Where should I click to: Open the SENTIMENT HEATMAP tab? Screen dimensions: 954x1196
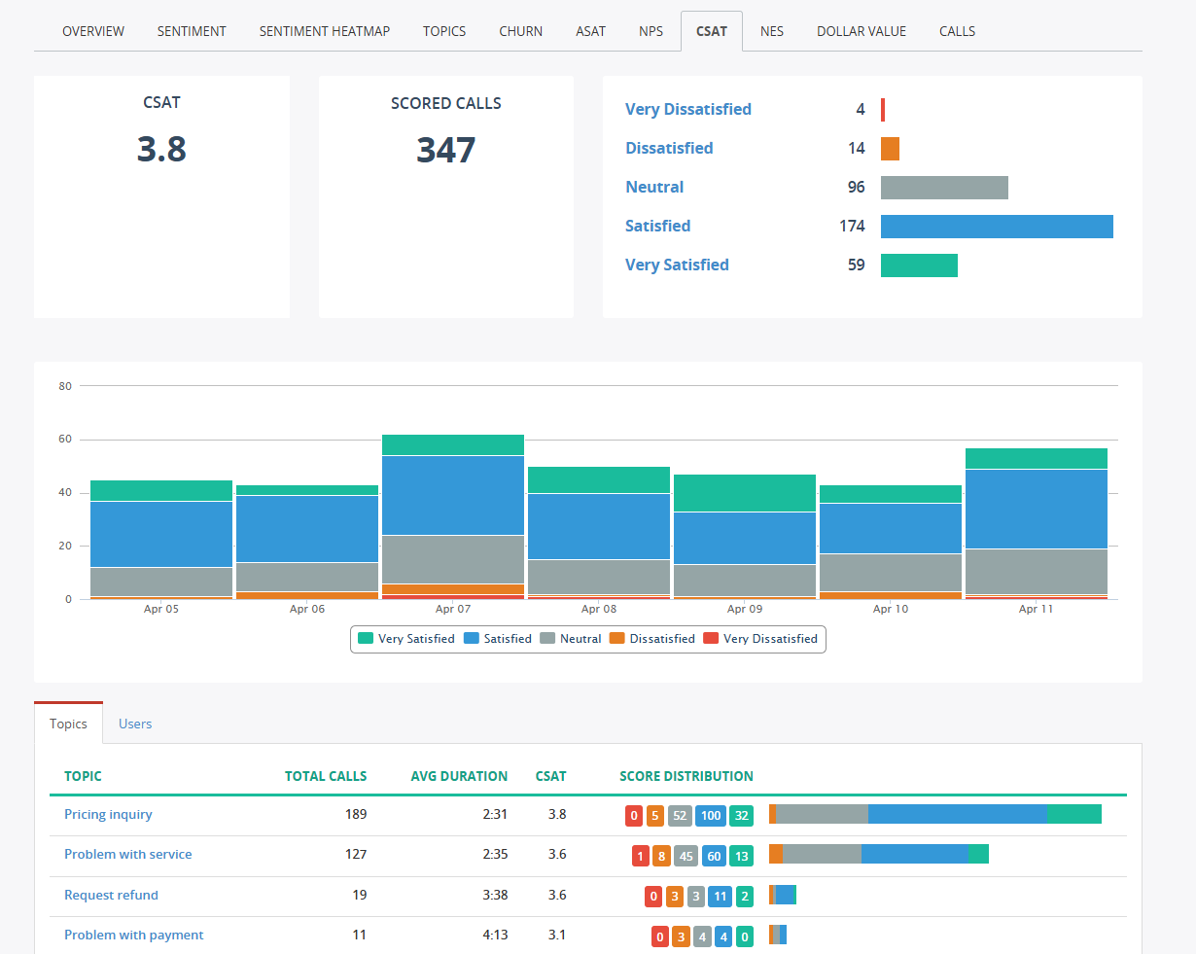[324, 31]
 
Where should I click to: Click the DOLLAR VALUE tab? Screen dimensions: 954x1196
[861, 31]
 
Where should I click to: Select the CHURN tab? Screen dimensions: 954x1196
[520, 31]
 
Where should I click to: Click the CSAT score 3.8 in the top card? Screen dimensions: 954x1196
[161, 149]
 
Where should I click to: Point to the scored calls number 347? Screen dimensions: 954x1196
[445, 150]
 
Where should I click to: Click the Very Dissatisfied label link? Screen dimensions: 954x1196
[687, 109]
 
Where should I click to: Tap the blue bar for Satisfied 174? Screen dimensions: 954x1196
[996, 227]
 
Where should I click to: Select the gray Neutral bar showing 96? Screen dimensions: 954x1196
[943, 188]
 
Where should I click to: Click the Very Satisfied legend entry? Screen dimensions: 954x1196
[406, 639]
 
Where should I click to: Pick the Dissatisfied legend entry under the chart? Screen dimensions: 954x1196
[652, 639]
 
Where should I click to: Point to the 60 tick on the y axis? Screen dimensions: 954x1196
[65, 440]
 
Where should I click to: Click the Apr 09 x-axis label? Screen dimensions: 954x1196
[744, 609]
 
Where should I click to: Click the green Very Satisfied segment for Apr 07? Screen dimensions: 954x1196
[452, 444]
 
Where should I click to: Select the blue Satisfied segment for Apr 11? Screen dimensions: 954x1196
[1036, 509]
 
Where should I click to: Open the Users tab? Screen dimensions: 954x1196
[135, 724]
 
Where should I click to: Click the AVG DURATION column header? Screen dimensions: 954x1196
[459, 776]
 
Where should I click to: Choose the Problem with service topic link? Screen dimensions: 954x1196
[127, 854]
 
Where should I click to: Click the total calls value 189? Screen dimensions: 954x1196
[356, 814]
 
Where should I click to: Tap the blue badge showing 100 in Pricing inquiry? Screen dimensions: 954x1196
[711, 816]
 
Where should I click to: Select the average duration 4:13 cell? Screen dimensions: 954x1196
[494, 935]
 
